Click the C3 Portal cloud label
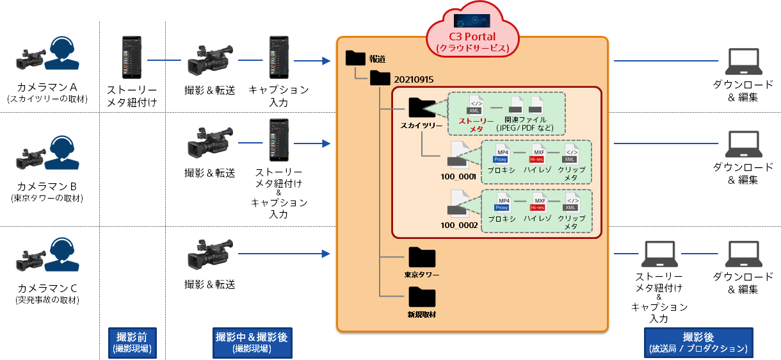[472, 42]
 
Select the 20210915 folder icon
[380, 78]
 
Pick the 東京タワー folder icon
[421, 258]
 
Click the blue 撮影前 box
[133, 343]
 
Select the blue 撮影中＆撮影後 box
[252, 343]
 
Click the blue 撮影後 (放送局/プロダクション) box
[698, 343]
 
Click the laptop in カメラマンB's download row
[743, 146]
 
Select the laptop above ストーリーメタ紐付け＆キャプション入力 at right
[660, 256]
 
